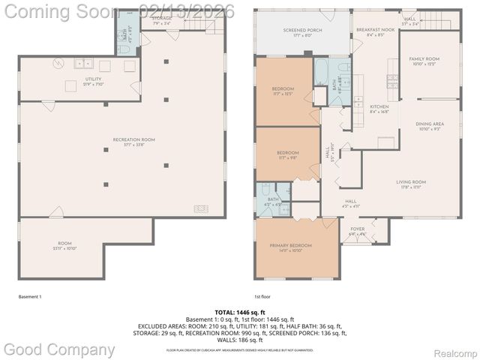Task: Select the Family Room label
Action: (x=424, y=61)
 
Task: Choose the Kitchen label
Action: (x=379, y=109)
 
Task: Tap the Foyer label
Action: (x=357, y=231)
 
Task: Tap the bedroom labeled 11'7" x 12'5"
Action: (x=283, y=91)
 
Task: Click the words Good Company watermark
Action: (x=60, y=349)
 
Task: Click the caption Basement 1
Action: (x=30, y=297)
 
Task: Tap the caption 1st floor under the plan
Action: (x=262, y=297)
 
